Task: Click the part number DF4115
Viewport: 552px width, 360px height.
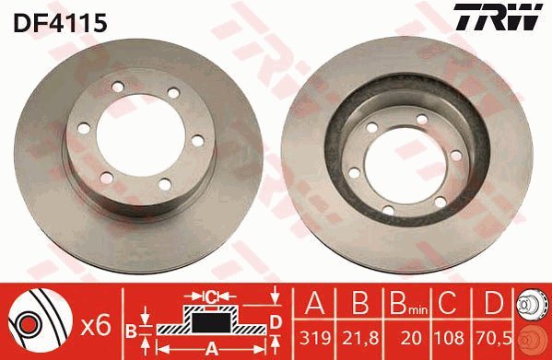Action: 60,23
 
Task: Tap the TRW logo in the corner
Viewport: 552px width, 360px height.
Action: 499,17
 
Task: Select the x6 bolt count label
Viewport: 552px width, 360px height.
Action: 96,326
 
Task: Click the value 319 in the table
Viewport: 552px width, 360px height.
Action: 315,338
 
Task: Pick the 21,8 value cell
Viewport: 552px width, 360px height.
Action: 360,338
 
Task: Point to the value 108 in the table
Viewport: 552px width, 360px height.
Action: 449,338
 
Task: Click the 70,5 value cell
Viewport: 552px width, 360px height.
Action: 492,338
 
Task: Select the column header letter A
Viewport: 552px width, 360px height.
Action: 315,303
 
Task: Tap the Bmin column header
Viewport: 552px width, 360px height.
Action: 408,304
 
